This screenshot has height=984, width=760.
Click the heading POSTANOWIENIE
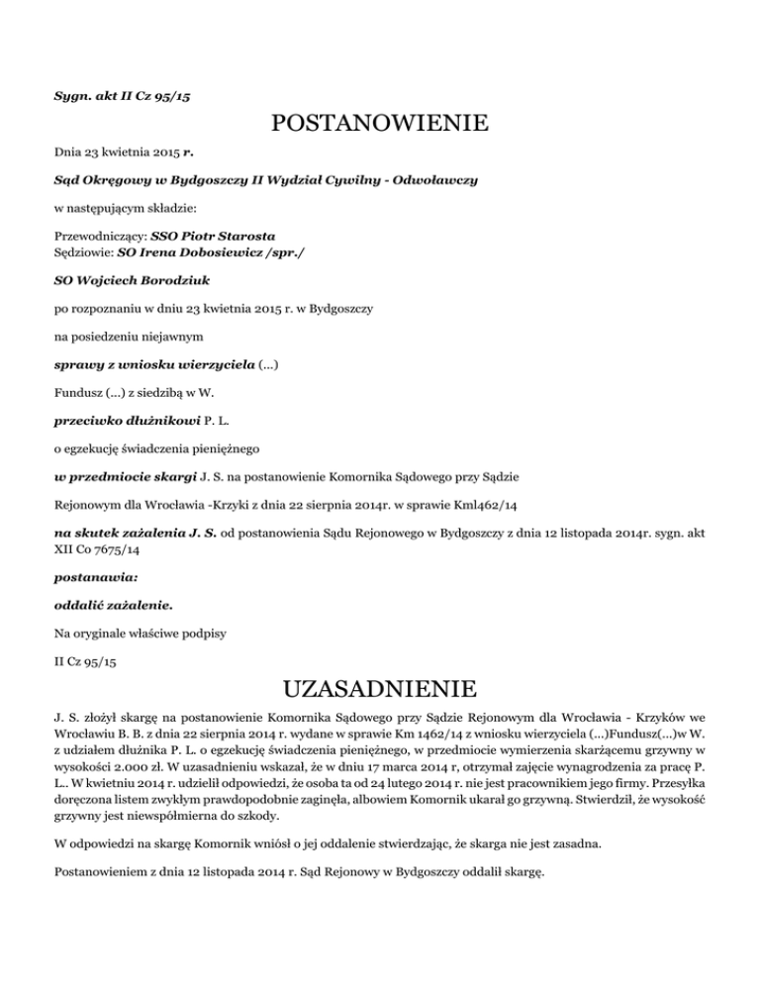click(380, 126)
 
